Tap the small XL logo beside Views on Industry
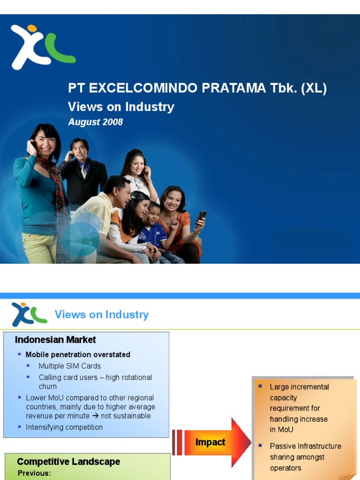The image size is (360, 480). pyautogui.click(x=29, y=314)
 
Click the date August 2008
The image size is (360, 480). pyautogui.click(x=96, y=122)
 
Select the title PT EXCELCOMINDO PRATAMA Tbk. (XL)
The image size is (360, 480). pyautogui.click(x=197, y=89)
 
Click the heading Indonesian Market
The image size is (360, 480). pyautogui.click(x=55, y=340)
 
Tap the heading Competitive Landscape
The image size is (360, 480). pyautogui.click(x=68, y=462)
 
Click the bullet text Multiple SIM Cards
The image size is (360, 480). pyautogui.click(x=69, y=366)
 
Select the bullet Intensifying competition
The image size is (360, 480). pyautogui.click(x=64, y=427)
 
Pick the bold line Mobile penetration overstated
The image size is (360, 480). pyautogui.click(x=78, y=355)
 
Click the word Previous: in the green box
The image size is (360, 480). pyautogui.click(x=34, y=473)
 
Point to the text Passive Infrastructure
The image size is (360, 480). pyautogui.click(x=305, y=446)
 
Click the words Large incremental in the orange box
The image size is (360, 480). pyautogui.click(x=299, y=387)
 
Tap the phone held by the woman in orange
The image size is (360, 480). pyautogui.click(x=201, y=217)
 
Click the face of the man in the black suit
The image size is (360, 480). pyautogui.click(x=79, y=150)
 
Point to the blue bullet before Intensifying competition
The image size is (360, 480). pyautogui.click(x=20, y=427)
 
